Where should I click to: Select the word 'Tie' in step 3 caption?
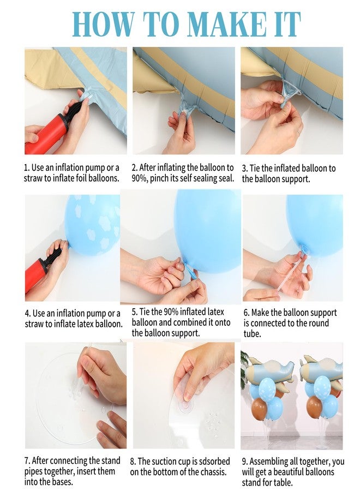pos(255,169)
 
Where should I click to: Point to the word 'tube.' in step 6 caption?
pos(253,334)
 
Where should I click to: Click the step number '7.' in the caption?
pos(27,460)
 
